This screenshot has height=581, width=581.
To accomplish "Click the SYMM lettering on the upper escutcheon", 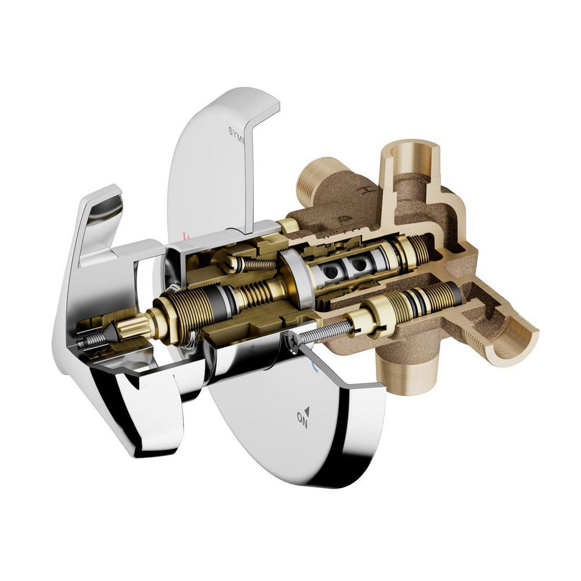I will [238, 135].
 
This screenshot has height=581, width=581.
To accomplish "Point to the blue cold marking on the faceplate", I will [314, 367].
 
